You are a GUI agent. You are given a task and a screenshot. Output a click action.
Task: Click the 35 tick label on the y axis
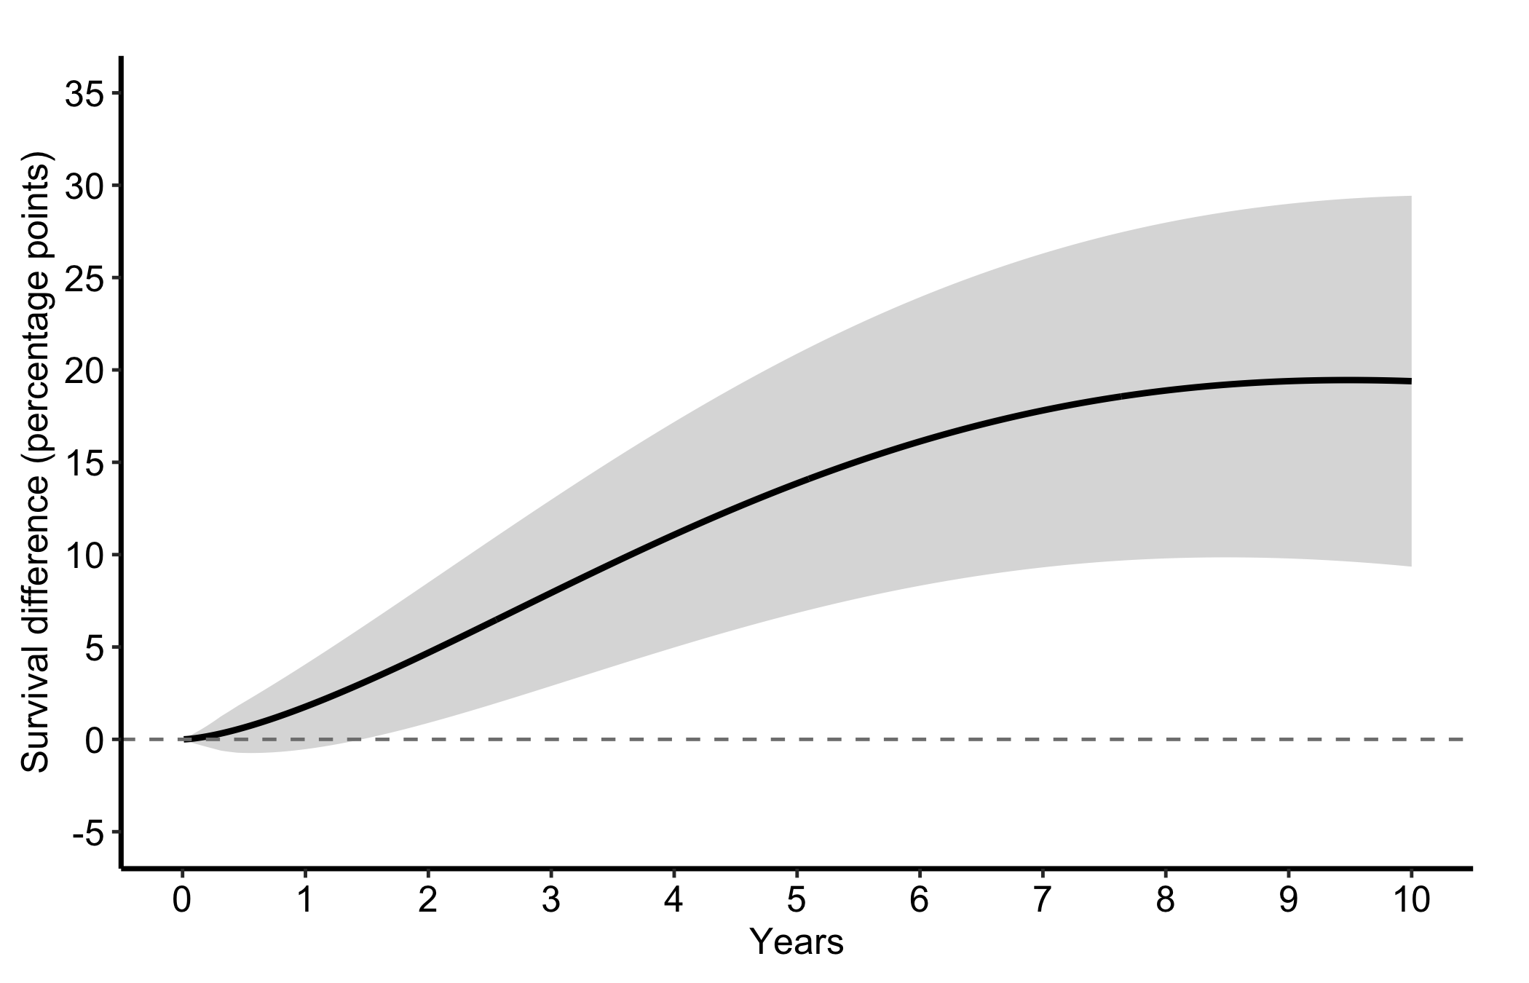(x=84, y=94)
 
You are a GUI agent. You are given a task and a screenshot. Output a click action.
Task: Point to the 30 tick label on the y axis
(x=84, y=186)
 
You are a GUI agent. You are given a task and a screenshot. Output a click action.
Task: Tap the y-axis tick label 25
(x=84, y=278)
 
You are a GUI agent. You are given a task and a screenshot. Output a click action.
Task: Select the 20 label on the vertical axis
(x=84, y=371)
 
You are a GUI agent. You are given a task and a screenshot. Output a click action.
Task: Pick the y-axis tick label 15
(x=84, y=462)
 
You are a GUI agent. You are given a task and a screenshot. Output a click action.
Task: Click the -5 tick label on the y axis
(x=87, y=832)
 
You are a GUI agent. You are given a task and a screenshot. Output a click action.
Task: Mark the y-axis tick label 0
(x=94, y=739)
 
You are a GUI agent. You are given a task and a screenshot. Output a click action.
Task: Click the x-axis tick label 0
(x=182, y=901)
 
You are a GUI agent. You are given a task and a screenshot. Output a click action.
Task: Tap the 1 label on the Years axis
(x=305, y=901)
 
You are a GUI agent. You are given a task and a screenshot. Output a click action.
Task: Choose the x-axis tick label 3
(x=551, y=901)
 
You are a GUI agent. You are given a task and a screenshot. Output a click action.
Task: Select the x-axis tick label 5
(x=797, y=901)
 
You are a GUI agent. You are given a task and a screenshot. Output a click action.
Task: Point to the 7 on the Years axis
(x=1043, y=901)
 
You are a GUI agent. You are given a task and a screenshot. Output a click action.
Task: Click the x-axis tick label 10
(x=1411, y=901)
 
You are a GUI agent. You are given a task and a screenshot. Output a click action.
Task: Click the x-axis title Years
(x=797, y=942)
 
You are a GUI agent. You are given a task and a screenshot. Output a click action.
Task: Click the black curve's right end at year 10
(x=1411, y=381)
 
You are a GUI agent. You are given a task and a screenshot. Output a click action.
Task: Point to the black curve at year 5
(x=797, y=481)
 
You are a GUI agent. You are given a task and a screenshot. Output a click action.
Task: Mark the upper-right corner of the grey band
(x=1411, y=197)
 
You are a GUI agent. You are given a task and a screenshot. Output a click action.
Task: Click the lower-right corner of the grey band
(x=1411, y=566)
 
